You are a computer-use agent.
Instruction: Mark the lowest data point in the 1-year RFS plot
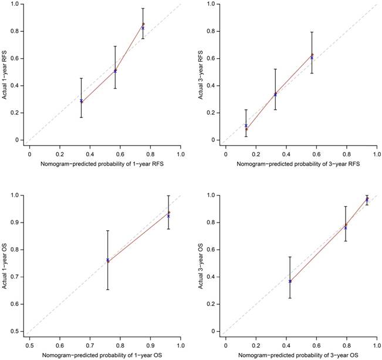coord(82,102)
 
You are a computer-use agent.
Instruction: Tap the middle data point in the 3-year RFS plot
coord(275,94)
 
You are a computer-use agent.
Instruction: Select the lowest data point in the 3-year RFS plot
coord(246,128)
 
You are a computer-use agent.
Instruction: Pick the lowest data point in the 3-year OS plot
coord(290,281)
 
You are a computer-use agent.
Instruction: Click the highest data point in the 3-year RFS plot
coord(312,55)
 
